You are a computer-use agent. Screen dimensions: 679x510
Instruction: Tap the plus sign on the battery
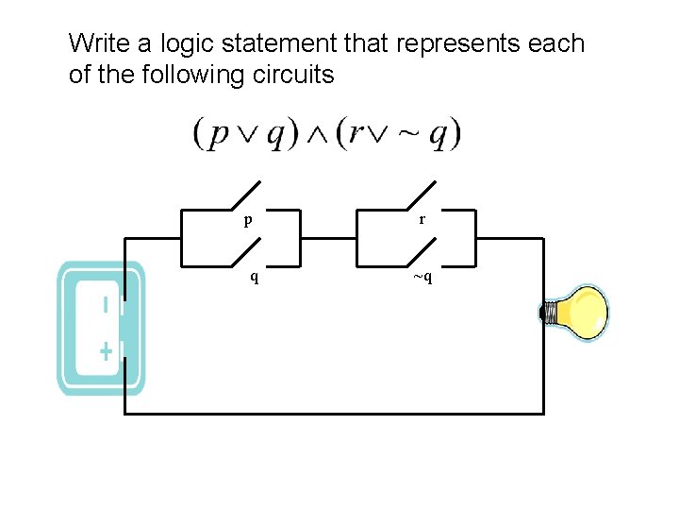click(x=106, y=352)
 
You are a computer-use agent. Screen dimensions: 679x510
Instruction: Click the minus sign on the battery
click(x=106, y=304)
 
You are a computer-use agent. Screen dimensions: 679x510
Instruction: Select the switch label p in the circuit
click(x=247, y=220)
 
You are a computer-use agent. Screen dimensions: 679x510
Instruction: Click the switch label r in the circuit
click(x=422, y=219)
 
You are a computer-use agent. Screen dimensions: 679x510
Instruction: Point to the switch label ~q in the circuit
click(x=422, y=277)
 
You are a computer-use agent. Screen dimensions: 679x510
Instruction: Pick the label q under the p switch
click(x=253, y=277)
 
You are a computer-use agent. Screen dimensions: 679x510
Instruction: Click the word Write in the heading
click(x=100, y=43)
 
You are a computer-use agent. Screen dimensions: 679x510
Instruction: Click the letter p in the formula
click(x=219, y=136)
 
